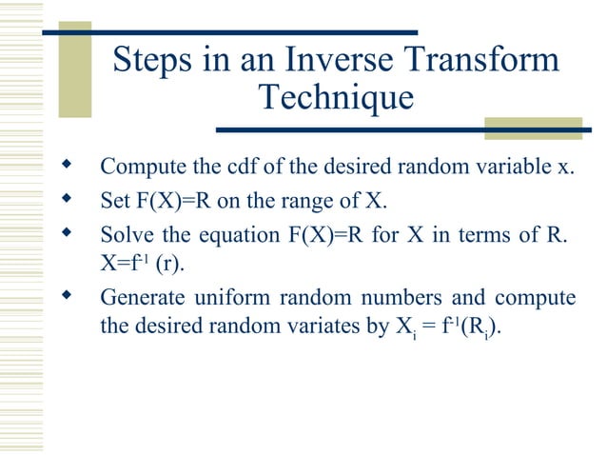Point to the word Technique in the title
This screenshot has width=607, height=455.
(x=336, y=98)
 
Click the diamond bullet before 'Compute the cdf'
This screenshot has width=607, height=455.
(x=66, y=167)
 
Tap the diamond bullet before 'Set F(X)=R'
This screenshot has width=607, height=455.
(x=66, y=200)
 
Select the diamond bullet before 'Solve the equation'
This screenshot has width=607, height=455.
(x=66, y=232)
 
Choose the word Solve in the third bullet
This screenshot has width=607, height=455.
(x=124, y=234)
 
